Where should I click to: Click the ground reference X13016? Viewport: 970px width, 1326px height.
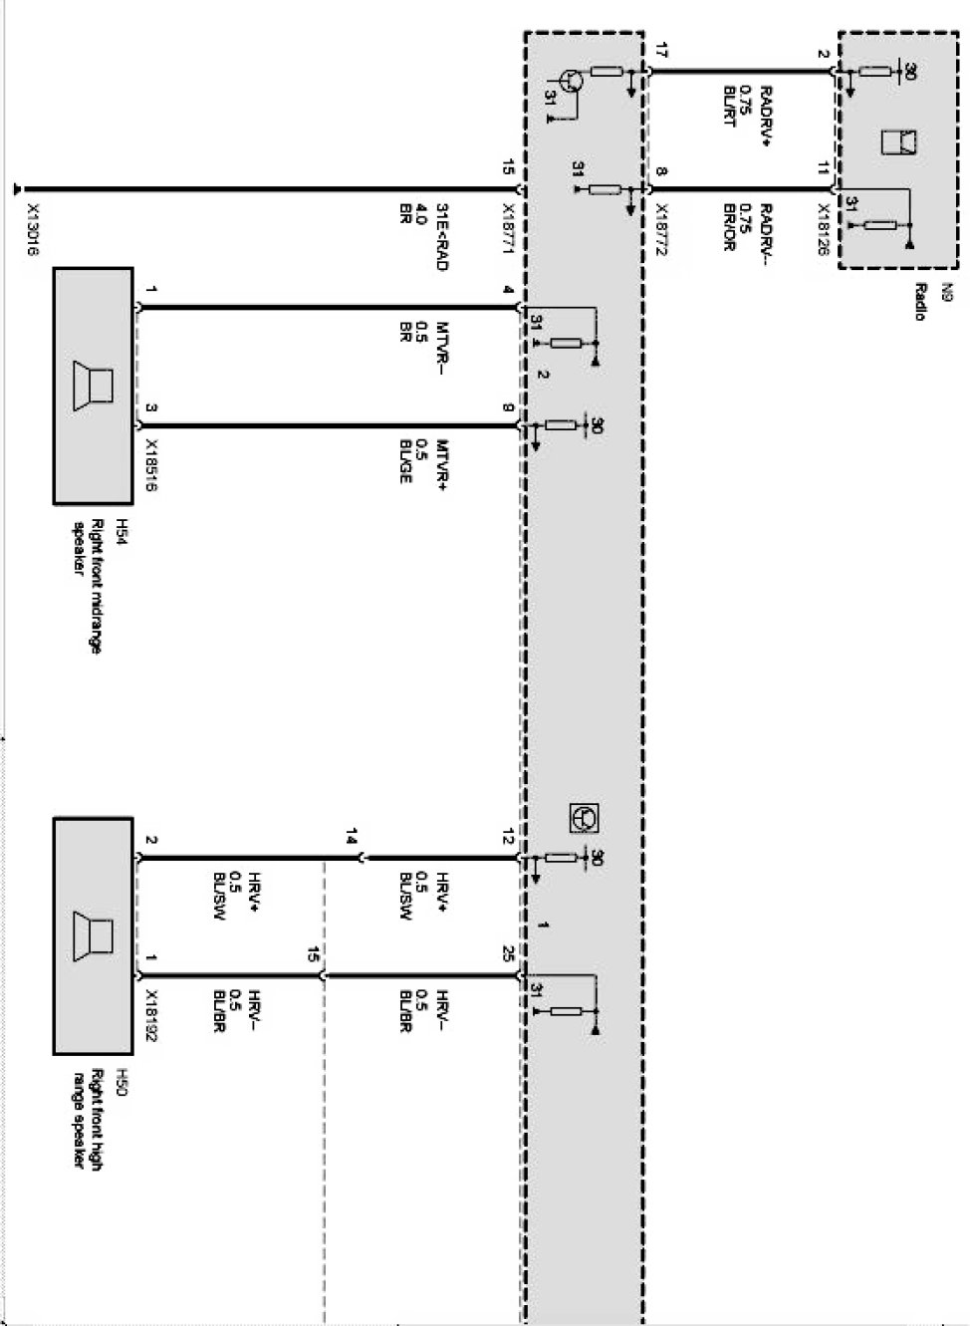[31, 232]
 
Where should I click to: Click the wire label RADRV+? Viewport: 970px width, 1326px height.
[765, 117]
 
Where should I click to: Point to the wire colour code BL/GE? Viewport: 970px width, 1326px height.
[406, 460]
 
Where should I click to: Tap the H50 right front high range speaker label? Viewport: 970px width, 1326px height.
[96, 1120]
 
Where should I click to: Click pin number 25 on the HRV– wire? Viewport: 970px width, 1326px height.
[508, 956]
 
